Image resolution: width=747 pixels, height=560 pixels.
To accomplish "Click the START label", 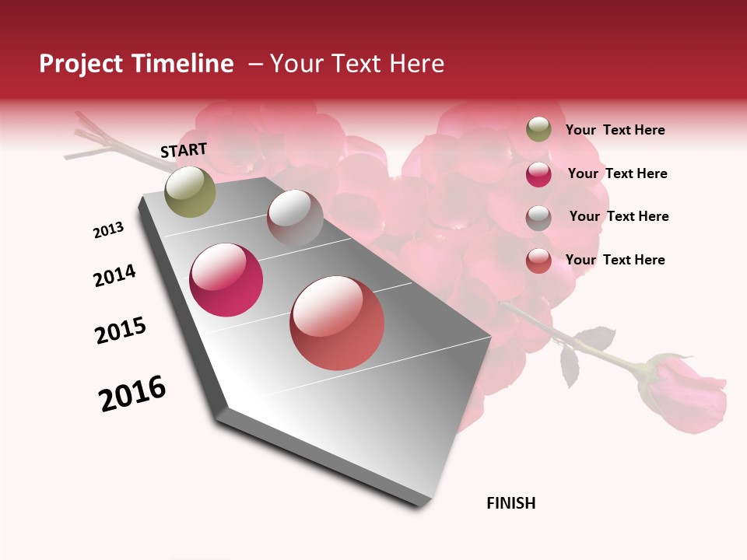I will [x=184, y=150].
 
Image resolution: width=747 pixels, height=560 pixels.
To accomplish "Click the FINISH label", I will [x=511, y=503].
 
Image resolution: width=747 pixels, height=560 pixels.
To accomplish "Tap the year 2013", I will [x=108, y=230].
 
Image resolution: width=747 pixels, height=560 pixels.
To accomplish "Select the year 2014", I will [x=114, y=275].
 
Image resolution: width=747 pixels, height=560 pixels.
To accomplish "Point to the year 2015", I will [x=121, y=331].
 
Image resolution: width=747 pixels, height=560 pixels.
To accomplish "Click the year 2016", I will [x=132, y=394].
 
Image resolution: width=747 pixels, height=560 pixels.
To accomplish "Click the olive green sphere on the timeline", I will [x=190, y=191].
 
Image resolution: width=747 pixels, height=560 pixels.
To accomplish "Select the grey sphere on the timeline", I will [x=294, y=217].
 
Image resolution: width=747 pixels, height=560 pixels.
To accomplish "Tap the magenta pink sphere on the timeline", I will [x=226, y=280].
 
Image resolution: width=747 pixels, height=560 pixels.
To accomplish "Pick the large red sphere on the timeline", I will [x=337, y=323].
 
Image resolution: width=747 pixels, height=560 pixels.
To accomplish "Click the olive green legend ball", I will [x=538, y=129].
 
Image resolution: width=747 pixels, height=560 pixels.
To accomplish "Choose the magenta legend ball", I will [x=538, y=174].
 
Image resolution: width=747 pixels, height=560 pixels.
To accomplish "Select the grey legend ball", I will [x=538, y=217].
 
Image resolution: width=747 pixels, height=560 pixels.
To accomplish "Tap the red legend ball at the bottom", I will [x=538, y=261].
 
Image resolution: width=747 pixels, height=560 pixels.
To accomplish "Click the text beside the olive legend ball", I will [x=615, y=130].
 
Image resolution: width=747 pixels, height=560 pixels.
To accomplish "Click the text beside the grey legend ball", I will [x=619, y=216].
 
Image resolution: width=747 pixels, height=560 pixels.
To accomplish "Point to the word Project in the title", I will [x=82, y=64].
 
